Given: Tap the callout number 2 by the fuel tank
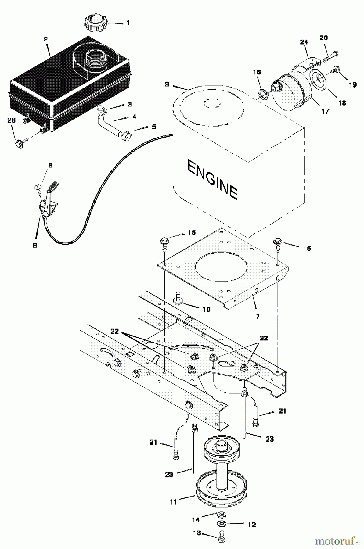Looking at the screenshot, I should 45,39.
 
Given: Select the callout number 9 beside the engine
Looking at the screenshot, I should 167,84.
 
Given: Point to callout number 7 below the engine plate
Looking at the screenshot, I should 258,316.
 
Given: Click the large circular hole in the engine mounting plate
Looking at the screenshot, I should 220,268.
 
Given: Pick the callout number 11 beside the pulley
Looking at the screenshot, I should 173,501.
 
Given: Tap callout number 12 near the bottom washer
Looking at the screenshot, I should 252,525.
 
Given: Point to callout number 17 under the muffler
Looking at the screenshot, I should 326,112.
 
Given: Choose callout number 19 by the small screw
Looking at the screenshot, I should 352,85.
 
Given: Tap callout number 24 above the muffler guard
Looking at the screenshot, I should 304,42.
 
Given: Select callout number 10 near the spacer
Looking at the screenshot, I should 206,309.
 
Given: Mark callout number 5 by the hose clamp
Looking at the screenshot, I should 154,126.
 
